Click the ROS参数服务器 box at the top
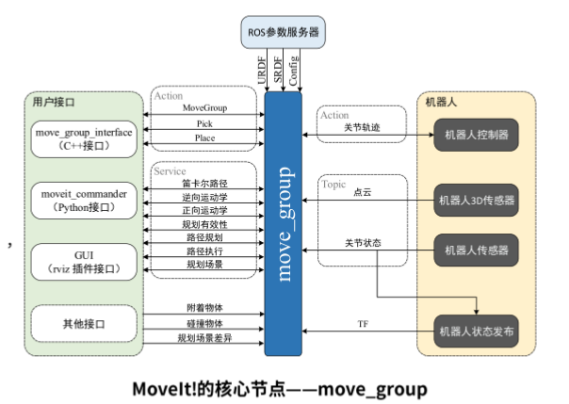coord(282,32)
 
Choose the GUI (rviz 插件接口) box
coord(84,260)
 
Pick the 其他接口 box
coord(84,324)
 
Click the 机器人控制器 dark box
coord(476,135)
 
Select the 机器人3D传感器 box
coord(476,200)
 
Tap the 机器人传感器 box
coord(476,250)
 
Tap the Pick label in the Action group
coord(204,123)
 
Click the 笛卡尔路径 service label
coord(204,183)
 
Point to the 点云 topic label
coord(363,191)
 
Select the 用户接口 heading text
coord(53,101)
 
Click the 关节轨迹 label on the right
coord(363,127)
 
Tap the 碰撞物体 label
coord(204,323)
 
